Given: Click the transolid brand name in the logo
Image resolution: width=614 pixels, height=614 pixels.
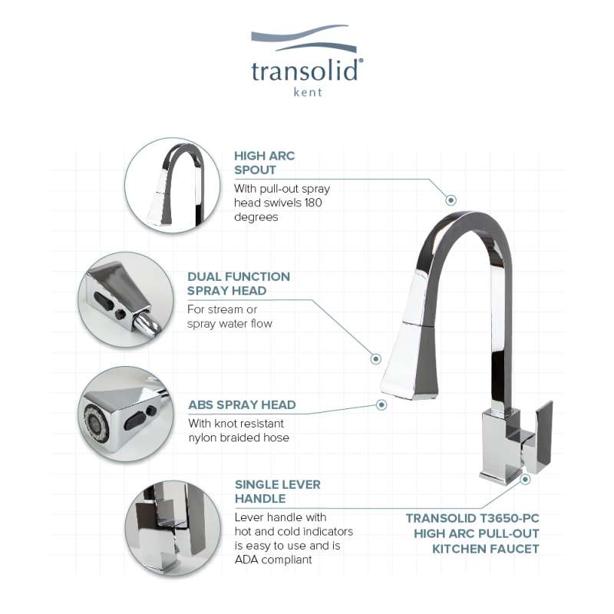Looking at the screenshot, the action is pos(305,71).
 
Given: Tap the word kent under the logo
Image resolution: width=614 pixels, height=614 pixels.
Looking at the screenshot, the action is pos(308,92).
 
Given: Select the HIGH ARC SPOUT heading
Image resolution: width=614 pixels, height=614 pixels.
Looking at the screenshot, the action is pos(264,163).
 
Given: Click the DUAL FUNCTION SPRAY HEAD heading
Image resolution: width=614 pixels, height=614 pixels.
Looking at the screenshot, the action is pos(239,283).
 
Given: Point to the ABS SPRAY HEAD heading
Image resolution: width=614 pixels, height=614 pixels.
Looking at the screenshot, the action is pos(242,404).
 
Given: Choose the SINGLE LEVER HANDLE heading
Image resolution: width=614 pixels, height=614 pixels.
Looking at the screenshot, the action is pos(278,491).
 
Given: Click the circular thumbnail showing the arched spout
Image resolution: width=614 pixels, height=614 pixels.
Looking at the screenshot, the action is pos(172,186).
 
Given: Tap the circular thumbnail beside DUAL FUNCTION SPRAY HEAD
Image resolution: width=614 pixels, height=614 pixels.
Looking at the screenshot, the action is pos(126,300).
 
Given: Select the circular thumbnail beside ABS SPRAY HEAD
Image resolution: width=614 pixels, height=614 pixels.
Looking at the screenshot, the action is pos(126,414).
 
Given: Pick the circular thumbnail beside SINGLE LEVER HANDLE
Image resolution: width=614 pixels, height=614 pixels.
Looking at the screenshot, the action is pos(173,528).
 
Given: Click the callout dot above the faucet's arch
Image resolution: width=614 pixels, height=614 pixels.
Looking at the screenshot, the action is pos(451,200).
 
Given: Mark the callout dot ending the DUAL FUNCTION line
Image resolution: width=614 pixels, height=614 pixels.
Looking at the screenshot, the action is pos(376,358).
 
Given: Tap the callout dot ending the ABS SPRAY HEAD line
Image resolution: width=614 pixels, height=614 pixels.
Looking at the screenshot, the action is pos(381,404).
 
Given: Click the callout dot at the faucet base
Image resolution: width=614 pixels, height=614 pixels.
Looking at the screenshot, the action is pos(525,479).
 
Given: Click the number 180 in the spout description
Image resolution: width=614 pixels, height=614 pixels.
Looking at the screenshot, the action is pos(312,203).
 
